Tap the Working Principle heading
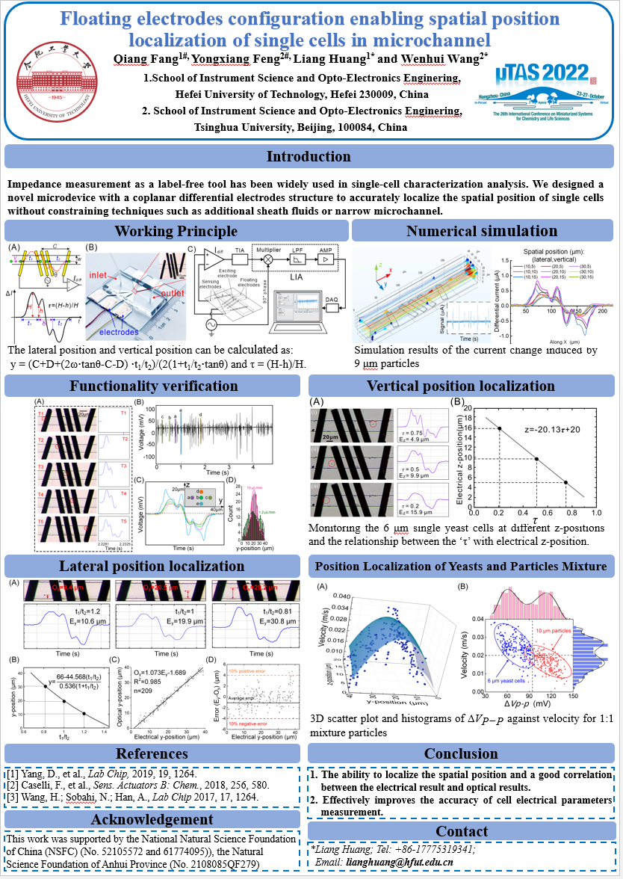click(x=176, y=231)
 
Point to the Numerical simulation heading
click(x=482, y=231)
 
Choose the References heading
click(x=152, y=754)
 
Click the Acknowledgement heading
click(x=152, y=821)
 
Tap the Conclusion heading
click(x=461, y=754)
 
